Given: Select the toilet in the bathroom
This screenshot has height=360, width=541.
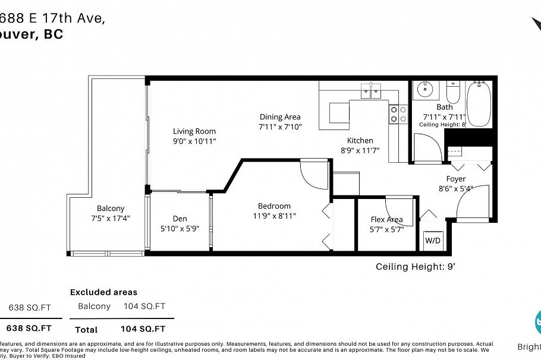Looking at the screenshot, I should pyautogui.click(x=453, y=93).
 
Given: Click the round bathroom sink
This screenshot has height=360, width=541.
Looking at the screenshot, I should pyautogui.click(x=424, y=91).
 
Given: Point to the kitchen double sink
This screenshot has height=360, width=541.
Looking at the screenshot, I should pyautogui.click(x=372, y=91).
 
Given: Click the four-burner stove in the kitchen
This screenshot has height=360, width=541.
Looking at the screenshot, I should pyautogui.click(x=398, y=113).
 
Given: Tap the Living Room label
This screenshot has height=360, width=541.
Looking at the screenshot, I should pyautogui.click(x=194, y=131).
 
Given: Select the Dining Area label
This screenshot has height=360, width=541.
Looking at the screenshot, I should pyautogui.click(x=280, y=117).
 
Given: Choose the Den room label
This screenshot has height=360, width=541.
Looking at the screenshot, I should pyautogui.click(x=180, y=219).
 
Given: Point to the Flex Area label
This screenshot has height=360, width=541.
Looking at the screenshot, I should pyautogui.click(x=386, y=219).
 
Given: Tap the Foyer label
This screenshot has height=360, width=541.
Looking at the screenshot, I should pyautogui.click(x=456, y=179).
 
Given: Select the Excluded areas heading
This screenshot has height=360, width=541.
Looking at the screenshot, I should pyautogui.click(x=103, y=292).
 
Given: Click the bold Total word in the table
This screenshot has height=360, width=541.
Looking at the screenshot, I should pyautogui.click(x=86, y=329).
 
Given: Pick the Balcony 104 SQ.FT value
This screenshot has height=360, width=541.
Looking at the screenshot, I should pyautogui.click(x=144, y=307).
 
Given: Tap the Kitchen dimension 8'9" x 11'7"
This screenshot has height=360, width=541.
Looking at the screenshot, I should pyautogui.click(x=360, y=150).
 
